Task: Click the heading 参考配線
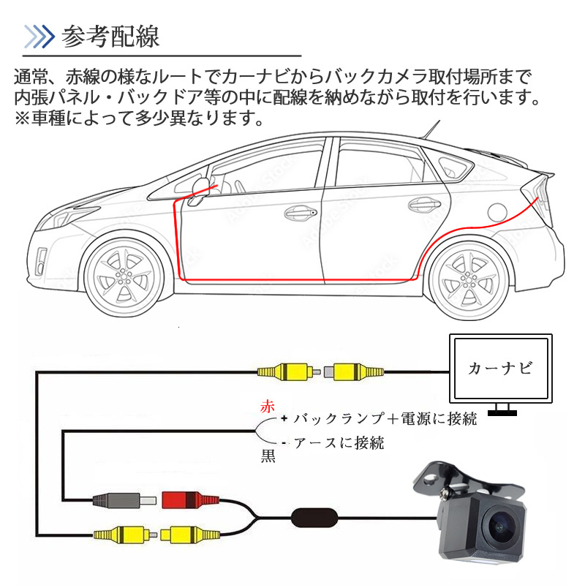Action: tap(110, 37)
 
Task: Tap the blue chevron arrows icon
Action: tap(39, 37)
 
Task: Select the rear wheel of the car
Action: tap(469, 279)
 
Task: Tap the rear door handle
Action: tap(424, 204)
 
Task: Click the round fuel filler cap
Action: tap(497, 211)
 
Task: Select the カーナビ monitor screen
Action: tap(501, 369)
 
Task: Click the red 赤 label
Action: tap(268, 407)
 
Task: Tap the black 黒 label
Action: tap(268, 456)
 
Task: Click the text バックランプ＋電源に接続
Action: tap(385, 418)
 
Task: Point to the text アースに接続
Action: tap(339, 443)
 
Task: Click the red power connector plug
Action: tap(190, 500)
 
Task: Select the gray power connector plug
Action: tap(124, 500)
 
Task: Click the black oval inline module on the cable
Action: tap(314, 518)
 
